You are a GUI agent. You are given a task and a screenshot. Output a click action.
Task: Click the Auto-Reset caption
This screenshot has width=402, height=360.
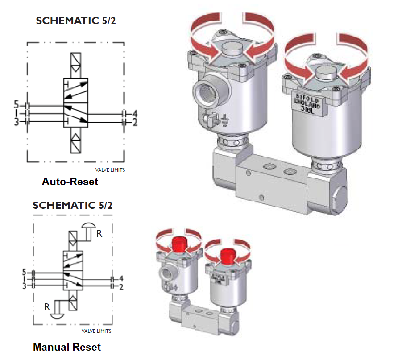coord(70,182)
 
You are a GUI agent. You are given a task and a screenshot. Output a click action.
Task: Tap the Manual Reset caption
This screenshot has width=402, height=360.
coord(67,347)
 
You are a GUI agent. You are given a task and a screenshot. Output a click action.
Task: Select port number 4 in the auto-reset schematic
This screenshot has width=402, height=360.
coord(134,113)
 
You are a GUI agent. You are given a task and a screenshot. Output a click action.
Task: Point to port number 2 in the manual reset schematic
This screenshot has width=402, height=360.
coord(121,286)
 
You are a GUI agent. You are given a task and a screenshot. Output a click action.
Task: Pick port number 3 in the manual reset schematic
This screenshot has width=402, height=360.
coord(25,286)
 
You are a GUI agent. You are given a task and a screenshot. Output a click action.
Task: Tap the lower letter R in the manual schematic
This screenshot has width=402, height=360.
coord(46,307)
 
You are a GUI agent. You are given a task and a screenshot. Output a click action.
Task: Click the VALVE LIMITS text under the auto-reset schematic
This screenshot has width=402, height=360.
coord(110,170)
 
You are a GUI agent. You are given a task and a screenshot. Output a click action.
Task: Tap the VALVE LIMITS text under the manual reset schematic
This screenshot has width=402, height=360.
coord(96,331)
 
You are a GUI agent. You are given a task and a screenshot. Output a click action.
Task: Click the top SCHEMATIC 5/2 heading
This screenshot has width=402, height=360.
coord(76,21)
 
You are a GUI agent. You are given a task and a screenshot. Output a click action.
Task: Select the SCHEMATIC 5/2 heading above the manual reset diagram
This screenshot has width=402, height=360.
coord(73,205)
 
